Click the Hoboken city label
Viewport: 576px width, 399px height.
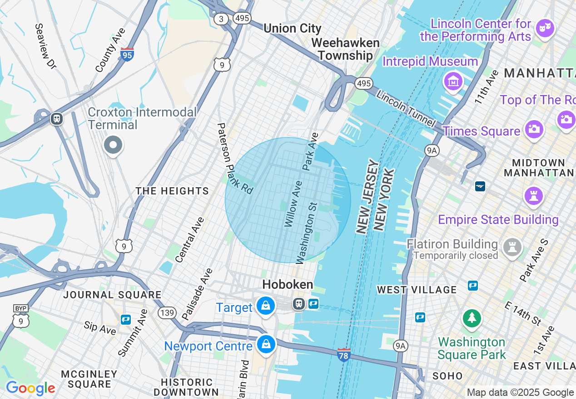[x=288, y=284]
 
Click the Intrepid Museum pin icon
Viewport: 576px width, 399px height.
[x=453, y=81]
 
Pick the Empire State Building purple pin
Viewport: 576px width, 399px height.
[x=533, y=196]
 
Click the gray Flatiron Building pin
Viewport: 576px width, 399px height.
[x=512, y=247]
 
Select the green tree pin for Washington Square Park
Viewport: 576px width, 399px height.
[x=472, y=318]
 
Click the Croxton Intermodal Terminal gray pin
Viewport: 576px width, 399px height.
[x=113, y=146]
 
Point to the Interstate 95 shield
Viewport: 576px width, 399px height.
[x=127, y=54]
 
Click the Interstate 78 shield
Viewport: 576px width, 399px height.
[x=344, y=355]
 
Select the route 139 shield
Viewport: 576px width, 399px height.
[x=167, y=312]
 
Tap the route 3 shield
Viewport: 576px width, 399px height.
[x=221, y=19]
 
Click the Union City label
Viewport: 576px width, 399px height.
[x=292, y=28]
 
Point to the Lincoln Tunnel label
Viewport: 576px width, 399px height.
[x=406, y=110]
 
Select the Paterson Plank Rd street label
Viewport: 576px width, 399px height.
[x=234, y=158]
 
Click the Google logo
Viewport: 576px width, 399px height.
[x=30, y=388]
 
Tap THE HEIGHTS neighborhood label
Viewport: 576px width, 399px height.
[x=172, y=191]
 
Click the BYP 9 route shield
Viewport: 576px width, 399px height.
[x=20, y=316]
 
